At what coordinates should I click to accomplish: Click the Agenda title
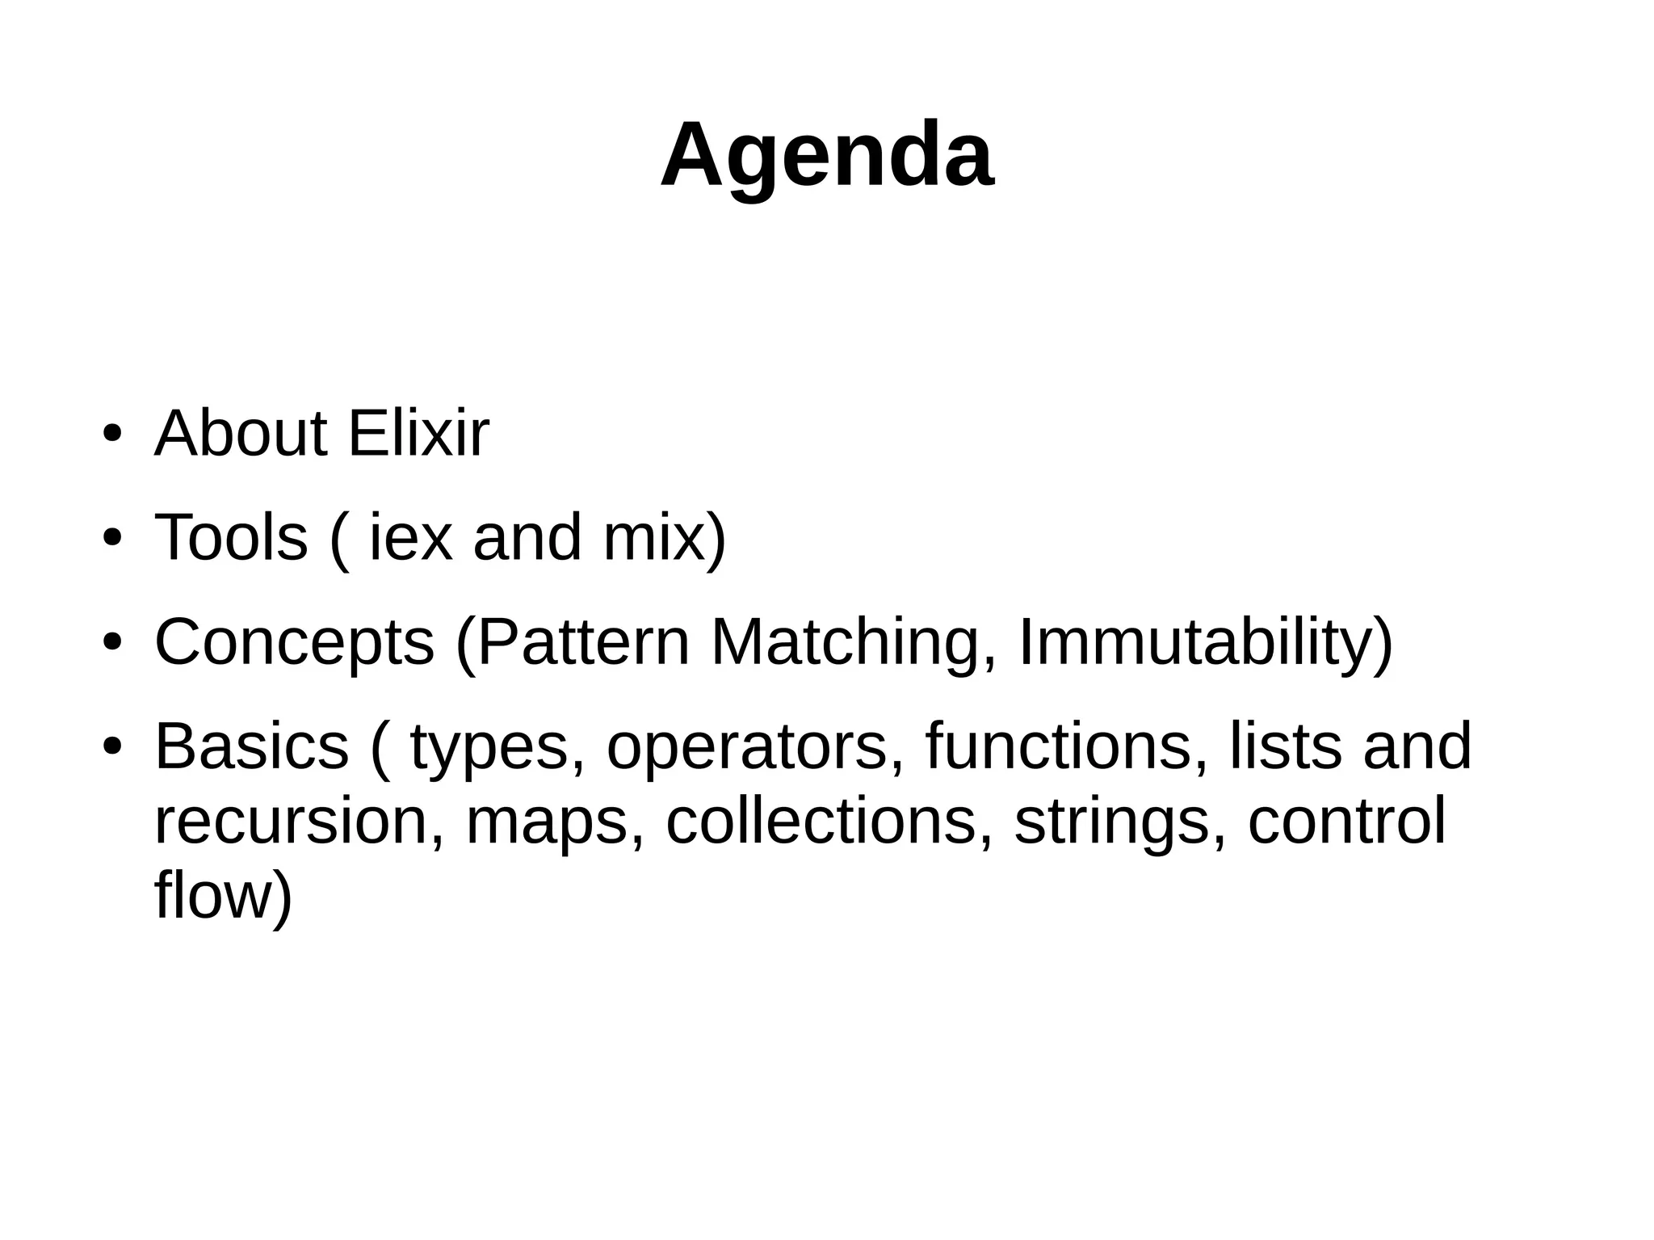(826, 156)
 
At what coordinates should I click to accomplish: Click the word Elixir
(418, 435)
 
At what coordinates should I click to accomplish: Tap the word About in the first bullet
(241, 435)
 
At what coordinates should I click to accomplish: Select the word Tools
(231, 538)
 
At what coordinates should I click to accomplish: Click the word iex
(409, 538)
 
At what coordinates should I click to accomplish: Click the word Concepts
(294, 642)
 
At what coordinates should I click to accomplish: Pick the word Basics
(251, 746)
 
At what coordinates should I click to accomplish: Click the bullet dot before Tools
(111, 539)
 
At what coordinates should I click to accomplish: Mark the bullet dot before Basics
(111, 747)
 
